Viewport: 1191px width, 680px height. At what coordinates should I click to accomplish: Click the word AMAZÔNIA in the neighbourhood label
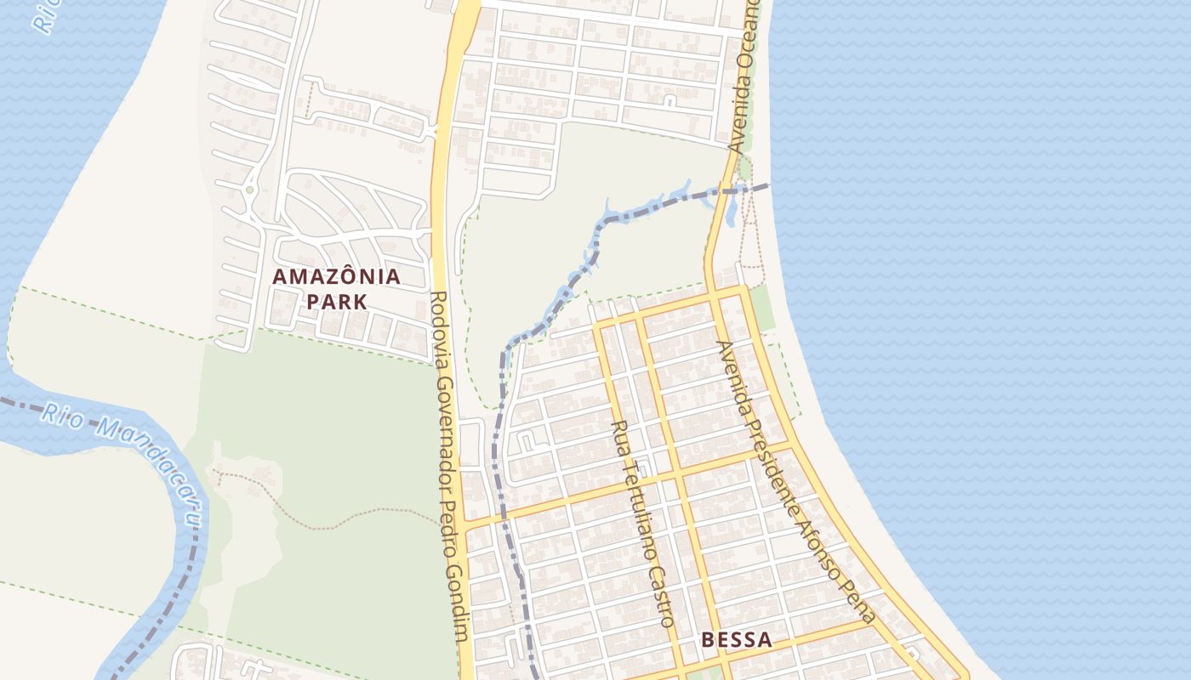[x=336, y=276]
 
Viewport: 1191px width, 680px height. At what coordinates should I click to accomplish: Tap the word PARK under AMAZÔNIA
[x=337, y=301]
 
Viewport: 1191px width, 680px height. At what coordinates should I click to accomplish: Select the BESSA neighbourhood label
[x=738, y=640]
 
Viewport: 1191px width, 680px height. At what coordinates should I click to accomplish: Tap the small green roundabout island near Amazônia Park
[x=249, y=190]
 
